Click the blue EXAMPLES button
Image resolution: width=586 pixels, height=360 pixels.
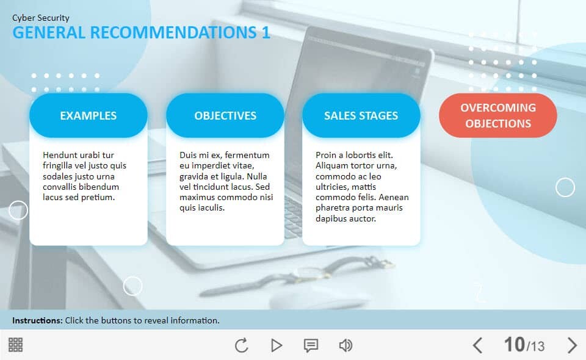[88, 115]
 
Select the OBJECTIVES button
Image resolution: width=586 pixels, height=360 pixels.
[225, 115]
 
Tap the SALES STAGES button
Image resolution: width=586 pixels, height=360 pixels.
[361, 115]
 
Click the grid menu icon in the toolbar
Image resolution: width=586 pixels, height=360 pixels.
[16, 345]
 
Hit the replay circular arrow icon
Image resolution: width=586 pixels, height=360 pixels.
[242, 345]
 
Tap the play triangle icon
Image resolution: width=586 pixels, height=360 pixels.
[276, 345]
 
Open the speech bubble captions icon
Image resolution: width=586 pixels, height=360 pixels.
[311, 345]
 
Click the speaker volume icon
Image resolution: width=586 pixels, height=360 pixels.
[345, 345]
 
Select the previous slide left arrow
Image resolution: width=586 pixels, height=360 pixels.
[477, 345]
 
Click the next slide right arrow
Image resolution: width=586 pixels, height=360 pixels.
[572, 345]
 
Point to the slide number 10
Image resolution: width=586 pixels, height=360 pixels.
[514, 344]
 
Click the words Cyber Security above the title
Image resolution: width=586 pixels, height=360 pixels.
[41, 18]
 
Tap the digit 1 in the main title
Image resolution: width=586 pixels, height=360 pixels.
[266, 32]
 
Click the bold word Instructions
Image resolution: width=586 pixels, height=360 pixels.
[37, 320]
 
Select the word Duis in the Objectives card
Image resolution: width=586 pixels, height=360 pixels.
[187, 155]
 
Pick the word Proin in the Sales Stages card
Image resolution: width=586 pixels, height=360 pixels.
[326, 155]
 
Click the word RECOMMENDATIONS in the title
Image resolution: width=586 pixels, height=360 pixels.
[173, 32]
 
